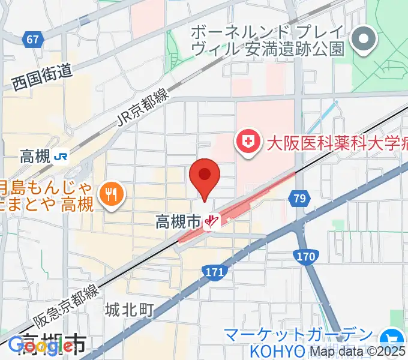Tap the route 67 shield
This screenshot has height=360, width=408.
point(32,39)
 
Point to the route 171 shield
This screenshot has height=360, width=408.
point(214,273)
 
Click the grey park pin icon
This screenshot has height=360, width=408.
point(362,40)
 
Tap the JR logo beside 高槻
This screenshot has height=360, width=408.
point(61,157)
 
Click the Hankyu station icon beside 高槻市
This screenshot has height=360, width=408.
point(210,223)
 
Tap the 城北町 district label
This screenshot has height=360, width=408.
point(130,310)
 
